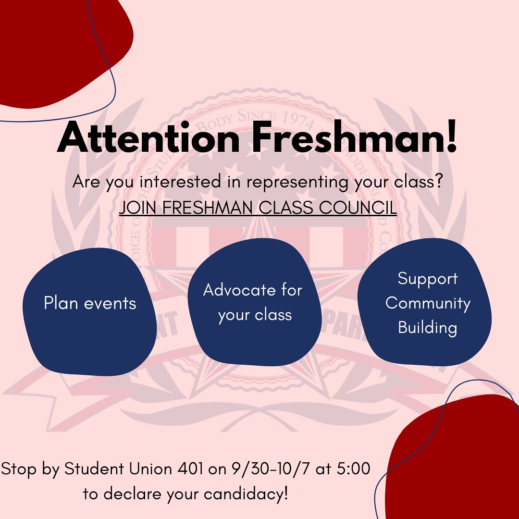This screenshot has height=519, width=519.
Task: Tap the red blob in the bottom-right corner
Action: click(457, 461)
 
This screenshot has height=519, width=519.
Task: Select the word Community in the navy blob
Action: click(428, 303)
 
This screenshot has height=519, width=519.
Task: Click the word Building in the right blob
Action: click(427, 328)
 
